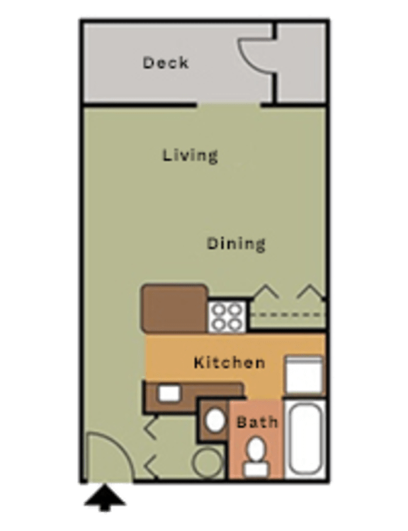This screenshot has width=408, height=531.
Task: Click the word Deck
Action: (166, 62)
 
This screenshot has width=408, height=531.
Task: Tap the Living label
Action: (189, 155)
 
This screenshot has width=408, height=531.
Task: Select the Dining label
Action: (236, 244)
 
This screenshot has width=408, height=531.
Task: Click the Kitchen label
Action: (229, 363)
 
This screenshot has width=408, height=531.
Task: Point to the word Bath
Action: (256, 423)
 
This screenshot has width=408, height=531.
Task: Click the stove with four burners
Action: (227, 316)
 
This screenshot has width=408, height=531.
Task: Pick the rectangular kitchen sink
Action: (169, 392)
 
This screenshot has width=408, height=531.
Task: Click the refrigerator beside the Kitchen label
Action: (304, 375)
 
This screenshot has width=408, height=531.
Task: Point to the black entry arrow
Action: (105, 498)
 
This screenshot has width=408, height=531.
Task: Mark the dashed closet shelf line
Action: (287, 313)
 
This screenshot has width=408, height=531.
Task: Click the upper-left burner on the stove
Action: (218, 309)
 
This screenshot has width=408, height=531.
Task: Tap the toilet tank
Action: (256, 468)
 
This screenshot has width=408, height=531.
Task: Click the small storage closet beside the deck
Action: (300, 62)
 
